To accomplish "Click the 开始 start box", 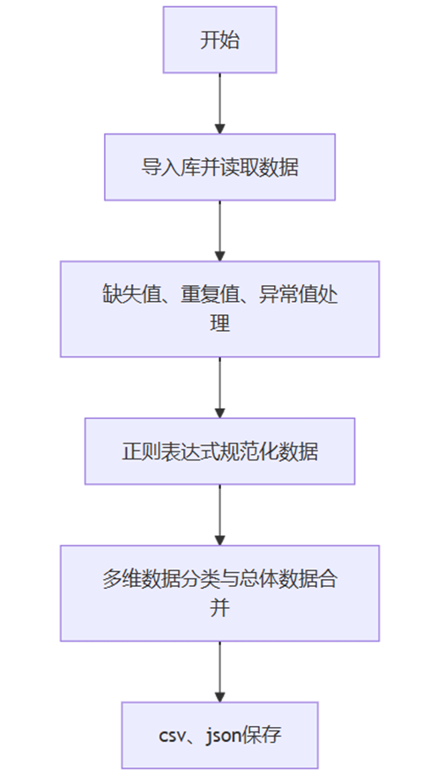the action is [x=219, y=40].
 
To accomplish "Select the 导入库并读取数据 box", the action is [x=219, y=167].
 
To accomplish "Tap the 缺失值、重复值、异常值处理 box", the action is [x=219, y=309].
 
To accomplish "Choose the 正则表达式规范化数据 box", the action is [x=219, y=452].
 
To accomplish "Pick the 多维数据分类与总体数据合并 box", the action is [x=219, y=593].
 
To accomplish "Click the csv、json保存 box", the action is [x=219, y=735].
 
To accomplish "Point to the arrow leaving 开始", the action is [x=219, y=103].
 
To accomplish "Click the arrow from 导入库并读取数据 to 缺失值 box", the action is [x=219, y=231].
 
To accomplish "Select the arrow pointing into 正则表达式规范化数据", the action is [x=219, y=387].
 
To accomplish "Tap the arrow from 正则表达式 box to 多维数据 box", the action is [x=219, y=515].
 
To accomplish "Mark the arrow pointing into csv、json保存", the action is [x=219, y=672].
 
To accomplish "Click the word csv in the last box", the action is [x=172, y=736].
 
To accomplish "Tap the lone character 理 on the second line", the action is [x=219, y=324].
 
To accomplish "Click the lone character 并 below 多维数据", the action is [x=219, y=608].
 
